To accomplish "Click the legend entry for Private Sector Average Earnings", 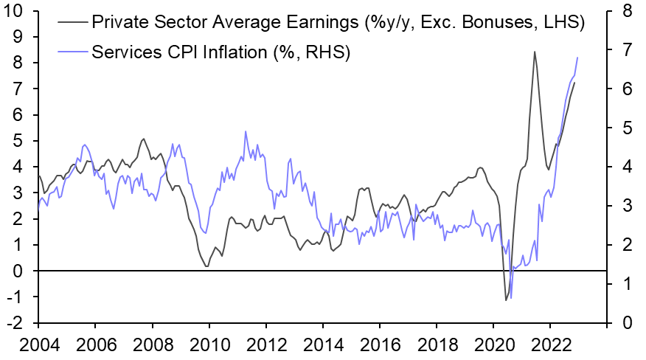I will pyautogui.click(x=337, y=23).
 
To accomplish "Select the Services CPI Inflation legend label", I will pyautogui.click(x=220, y=52).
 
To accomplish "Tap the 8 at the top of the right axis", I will pyautogui.click(x=626, y=11).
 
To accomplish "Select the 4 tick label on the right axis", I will pyautogui.click(x=626, y=167).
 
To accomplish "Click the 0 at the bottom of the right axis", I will pyautogui.click(x=626, y=323).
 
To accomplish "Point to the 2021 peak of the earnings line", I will pyautogui.click(x=534, y=52).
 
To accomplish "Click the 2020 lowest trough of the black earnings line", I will pyautogui.click(x=506, y=300).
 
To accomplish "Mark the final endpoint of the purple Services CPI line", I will pyautogui.click(x=577, y=58).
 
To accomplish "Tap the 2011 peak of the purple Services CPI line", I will pyautogui.click(x=246, y=132).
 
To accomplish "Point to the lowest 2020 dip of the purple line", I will pyautogui.click(x=511, y=298).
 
